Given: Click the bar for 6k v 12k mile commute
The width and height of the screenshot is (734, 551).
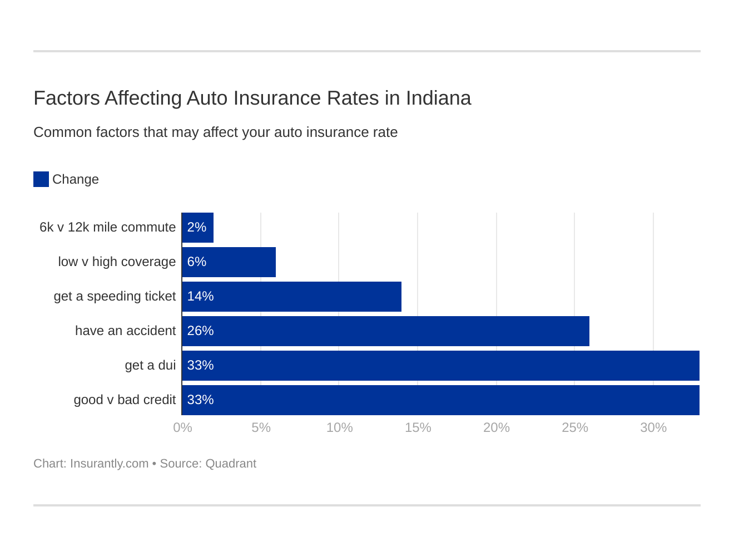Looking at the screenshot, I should [x=198, y=228].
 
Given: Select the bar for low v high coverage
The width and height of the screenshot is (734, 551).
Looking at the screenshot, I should [x=229, y=262].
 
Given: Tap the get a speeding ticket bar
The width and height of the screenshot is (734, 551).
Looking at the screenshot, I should [x=292, y=297].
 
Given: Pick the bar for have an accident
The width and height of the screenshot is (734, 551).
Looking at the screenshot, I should [x=386, y=331].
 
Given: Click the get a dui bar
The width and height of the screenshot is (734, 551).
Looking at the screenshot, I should [x=441, y=366].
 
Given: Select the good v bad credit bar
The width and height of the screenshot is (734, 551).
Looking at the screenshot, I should [x=441, y=400].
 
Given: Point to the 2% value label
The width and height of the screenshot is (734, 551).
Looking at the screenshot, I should [x=197, y=228].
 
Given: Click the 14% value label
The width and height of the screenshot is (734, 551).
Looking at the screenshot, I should [x=200, y=297].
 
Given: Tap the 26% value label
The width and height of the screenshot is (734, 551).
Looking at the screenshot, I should [x=200, y=331].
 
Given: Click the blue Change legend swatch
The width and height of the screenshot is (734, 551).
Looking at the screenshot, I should [x=41, y=179].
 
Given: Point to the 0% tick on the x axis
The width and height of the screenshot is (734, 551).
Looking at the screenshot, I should [x=182, y=427].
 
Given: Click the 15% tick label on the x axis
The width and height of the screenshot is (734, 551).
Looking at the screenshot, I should [x=418, y=427].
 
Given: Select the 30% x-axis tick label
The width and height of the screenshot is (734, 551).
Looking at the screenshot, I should [x=653, y=427].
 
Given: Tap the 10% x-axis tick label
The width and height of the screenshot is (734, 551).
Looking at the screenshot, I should [x=339, y=427].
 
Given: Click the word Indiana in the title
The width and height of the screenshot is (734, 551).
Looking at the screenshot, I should [x=438, y=98].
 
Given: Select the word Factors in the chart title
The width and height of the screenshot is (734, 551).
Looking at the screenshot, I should [x=67, y=98].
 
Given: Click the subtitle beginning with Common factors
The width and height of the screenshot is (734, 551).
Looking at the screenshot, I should [x=215, y=132].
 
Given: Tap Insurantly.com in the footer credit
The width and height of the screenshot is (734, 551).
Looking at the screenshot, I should [x=109, y=464].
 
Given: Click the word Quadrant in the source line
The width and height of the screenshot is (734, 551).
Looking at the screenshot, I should [x=231, y=464].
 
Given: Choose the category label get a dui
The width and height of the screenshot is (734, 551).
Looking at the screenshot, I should [x=150, y=366].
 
